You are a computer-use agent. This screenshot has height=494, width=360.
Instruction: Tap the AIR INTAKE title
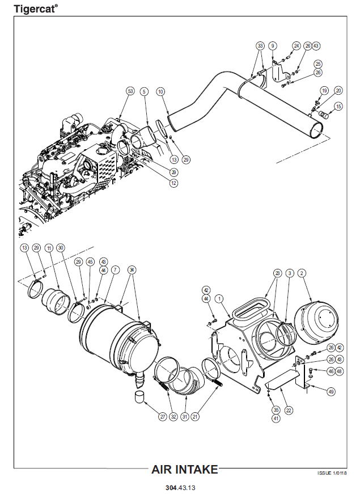coord(184,469)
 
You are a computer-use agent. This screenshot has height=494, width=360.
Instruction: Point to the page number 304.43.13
coord(180,487)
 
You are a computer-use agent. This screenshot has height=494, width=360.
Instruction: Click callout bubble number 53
coord(130,91)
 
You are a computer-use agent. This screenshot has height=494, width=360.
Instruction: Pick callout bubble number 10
coord(160,91)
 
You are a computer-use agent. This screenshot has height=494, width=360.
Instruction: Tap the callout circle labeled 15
coord(338,106)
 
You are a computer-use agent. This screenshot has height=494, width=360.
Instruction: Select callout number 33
coord(260,45)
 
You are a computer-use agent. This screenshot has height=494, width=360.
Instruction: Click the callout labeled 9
coord(273,45)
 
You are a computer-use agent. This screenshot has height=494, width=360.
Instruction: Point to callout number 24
coord(297,45)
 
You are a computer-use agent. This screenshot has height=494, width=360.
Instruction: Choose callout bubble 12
coord(173,183)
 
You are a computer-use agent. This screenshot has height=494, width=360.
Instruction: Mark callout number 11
coord(49,248)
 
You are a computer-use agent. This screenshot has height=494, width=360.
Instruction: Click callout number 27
coord(162,417)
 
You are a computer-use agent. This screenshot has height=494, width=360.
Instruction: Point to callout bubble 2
coord(302,273)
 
